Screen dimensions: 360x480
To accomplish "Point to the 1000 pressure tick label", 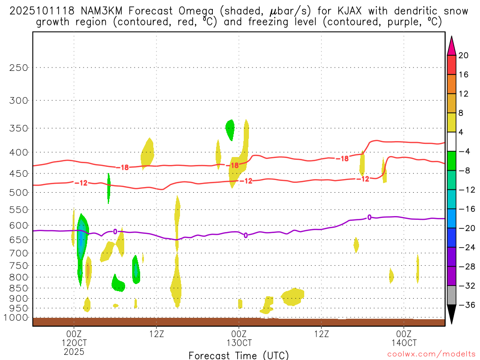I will (17, 318).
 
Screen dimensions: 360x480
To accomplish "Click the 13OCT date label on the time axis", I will (239, 342).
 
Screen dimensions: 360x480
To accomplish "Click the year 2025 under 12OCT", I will (74, 351).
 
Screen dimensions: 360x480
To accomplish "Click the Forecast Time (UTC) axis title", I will (239, 355).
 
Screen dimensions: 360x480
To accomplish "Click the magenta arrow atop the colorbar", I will (451, 46).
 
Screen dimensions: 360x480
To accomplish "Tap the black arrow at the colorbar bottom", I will (451, 314).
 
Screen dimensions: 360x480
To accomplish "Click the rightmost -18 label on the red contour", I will (342, 159).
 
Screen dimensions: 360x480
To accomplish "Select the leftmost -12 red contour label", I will (81, 183).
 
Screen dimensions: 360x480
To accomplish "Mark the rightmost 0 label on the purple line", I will (369, 217).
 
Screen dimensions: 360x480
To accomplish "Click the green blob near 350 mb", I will (230, 129).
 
